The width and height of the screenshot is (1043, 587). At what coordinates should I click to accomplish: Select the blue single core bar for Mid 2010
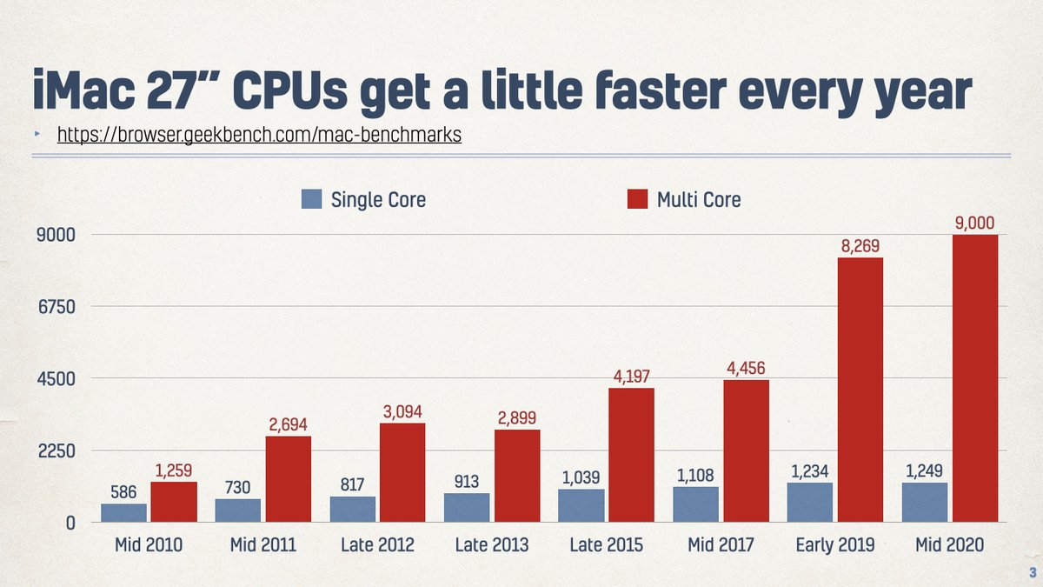click(x=123, y=513)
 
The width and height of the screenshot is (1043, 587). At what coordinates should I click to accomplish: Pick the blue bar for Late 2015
click(x=581, y=505)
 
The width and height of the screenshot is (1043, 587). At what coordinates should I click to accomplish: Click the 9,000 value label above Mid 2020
click(x=974, y=223)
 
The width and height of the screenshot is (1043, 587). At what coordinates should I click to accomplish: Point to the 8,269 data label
click(x=860, y=247)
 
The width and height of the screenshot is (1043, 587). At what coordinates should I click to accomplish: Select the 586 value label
click(x=123, y=492)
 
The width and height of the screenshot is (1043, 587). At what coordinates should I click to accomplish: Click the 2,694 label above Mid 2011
click(x=288, y=424)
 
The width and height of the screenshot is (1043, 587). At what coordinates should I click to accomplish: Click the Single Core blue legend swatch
click(x=312, y=199)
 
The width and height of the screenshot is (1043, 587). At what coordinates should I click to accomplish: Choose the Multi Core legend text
click(x=699, y=200)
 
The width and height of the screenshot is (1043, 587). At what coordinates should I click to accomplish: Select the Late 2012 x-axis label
click(x=378, y=546)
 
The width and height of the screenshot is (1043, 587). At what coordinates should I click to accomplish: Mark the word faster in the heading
click(x=667, y=89)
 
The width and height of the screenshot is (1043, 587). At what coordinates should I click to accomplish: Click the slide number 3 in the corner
click(x=1032, y=571)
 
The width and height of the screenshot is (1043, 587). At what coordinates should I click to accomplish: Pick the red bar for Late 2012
click(x=402, y=472)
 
